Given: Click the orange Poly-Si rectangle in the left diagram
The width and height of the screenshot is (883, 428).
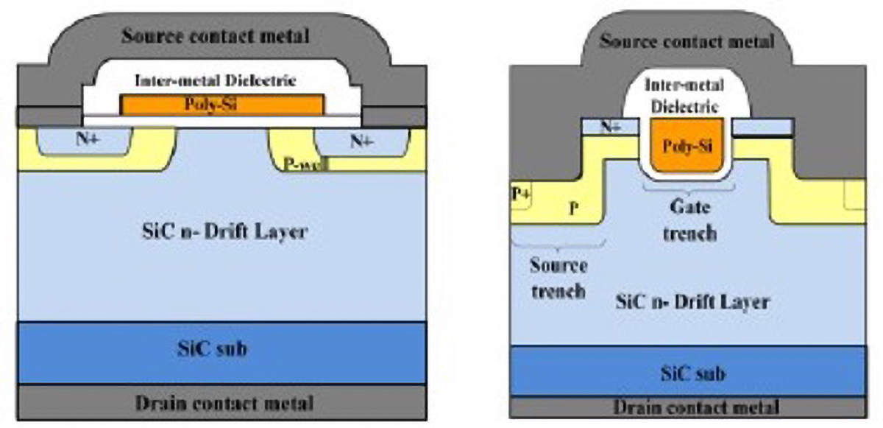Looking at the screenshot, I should point(221,105).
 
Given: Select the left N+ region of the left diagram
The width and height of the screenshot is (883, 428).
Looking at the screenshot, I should point(83,141).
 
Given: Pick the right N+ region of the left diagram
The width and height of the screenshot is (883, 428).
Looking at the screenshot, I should point(360,141).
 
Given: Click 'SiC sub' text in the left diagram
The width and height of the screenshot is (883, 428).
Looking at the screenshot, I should point(221,350).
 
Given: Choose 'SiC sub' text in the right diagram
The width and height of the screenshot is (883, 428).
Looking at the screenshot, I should point(692,373).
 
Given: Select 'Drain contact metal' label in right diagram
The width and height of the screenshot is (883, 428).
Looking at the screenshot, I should point(695,407).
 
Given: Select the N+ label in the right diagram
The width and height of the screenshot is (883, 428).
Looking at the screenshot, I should point(609,127).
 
